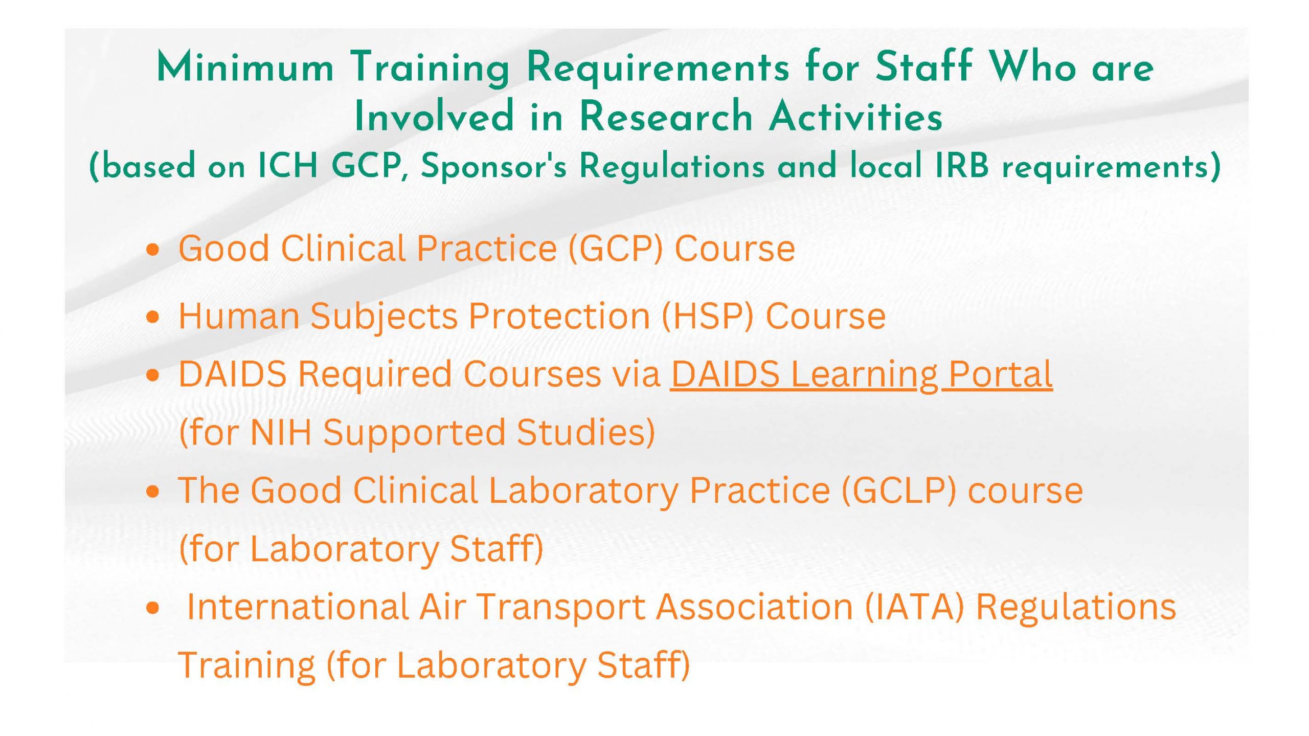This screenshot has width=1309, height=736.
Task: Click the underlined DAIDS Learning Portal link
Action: tap(861, 374)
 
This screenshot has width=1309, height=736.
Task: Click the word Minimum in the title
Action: tap(245, 67)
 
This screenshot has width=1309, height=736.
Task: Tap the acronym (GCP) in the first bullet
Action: tap(615, 249)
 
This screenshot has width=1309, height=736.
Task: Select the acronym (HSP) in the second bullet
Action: tap(707, 316)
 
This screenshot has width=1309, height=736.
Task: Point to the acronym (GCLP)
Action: tap(897, 490)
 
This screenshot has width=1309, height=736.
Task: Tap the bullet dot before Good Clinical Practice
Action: tap(152, 250)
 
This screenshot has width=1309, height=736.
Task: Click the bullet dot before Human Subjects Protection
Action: tap(152, 318)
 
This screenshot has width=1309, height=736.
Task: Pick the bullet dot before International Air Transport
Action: tap(152, 608)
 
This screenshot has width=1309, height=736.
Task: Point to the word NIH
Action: tap(281, 432)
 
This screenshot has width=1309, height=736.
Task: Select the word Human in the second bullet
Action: tap(239, 316)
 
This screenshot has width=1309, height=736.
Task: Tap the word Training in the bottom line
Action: tap(246, 666)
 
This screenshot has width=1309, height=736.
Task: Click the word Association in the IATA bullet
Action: tap(755, 607)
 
